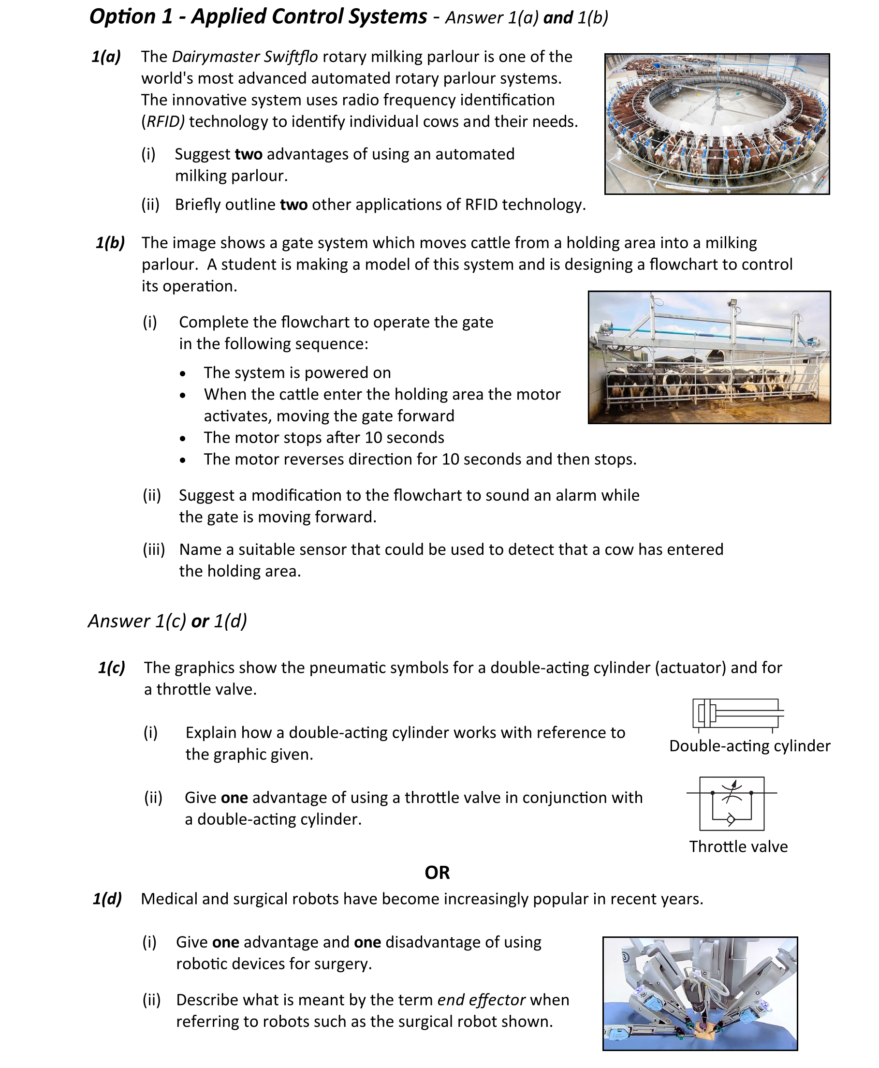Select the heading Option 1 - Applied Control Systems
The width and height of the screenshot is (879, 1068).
click(258, 17)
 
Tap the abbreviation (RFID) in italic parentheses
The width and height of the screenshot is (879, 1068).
click(163, 122)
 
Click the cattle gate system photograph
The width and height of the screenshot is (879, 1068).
click(709, 357)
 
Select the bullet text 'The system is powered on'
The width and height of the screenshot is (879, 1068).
click(297, 373)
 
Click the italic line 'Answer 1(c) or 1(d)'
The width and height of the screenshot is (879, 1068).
click(168, 621)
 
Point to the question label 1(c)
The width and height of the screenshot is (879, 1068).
click(111, 667)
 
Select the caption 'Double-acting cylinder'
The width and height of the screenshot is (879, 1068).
click(749, 746)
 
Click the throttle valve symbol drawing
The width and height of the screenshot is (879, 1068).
click(732, 803)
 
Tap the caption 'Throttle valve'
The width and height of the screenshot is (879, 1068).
click(738, 846)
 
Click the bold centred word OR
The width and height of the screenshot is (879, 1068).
click(437, 873)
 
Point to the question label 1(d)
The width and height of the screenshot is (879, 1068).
click(107, 899)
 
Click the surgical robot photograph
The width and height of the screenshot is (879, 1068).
click(700, 994)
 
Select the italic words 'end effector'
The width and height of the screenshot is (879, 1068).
click(481, 1000)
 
